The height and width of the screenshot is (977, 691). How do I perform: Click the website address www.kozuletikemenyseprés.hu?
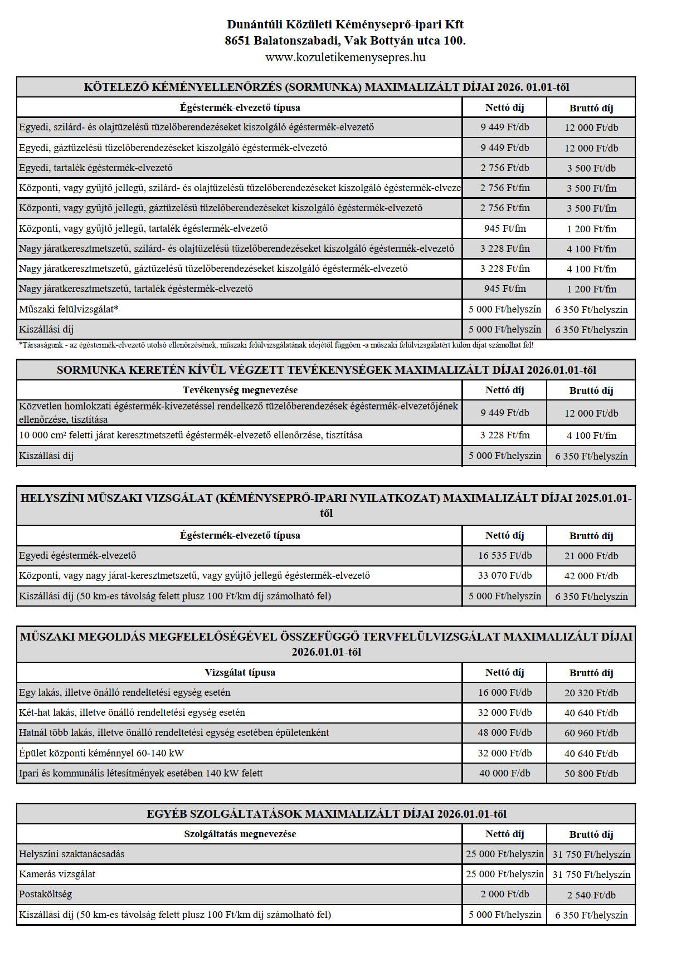point(345,57)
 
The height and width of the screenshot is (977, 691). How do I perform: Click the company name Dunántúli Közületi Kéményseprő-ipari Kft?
point(345,25)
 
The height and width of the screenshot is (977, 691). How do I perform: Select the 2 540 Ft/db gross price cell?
point(591,895)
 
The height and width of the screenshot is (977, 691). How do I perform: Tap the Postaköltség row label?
point(45,894)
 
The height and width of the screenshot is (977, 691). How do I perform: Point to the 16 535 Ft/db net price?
point(505,555)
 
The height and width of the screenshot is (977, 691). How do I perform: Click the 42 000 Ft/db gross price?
point(591,576)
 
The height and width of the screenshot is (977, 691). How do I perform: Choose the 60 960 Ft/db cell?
point(591,733)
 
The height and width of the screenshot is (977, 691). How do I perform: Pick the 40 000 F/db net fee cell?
point(505,773)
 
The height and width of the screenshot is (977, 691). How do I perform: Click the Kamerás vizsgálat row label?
point(57,874)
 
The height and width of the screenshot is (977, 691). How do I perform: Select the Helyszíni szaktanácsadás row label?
point(71,854)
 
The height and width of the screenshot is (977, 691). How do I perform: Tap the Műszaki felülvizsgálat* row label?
point(69,309)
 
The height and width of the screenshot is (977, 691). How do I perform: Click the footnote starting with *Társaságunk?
point(276,345)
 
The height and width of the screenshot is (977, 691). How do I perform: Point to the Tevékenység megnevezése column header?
point(240,390)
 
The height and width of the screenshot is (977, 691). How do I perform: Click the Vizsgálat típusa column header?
point(240,672)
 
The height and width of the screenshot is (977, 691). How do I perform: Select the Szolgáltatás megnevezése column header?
point(240,834)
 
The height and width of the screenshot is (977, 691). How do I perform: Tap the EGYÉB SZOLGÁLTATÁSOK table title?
point(326,814)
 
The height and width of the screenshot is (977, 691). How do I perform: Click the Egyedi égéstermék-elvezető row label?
point(77,555)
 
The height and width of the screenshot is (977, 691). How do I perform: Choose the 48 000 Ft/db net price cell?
point(505,732)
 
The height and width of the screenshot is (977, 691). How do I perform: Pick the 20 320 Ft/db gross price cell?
point(591,693)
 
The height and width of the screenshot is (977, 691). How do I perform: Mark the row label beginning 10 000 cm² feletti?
point(191,435)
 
